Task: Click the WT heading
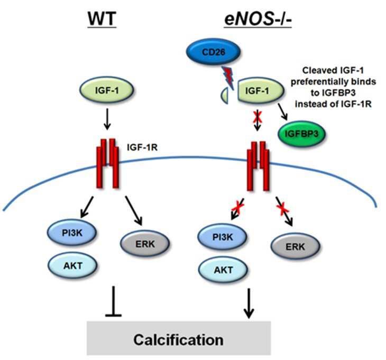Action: (x=102, y=19)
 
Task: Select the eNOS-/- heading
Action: (x=258, y=19)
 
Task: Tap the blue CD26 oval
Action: (x=213, y=52)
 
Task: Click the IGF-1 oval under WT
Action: (x=107, y=90)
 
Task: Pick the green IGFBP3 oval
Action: (x=301, y=134)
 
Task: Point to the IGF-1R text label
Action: (x=142, y=147)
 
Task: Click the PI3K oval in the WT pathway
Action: (x=72, y=233)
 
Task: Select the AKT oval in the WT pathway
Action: (x=72, y=265)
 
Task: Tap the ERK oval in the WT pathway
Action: (x=145, y=244)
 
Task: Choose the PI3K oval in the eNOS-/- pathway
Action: (x=222, y=237)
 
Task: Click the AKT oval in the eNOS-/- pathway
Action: (x=223, y=270)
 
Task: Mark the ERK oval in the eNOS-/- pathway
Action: (x=296, y=246)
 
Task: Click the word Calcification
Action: (x=179, y=339)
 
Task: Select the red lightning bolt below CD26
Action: (x=228, y=76)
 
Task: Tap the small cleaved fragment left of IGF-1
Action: (x=224, y=96)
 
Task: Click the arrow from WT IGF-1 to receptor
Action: (x=107, y=119)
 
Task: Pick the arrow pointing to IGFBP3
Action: (x=282, y=112)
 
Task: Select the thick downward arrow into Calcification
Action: (x=249, y=303)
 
